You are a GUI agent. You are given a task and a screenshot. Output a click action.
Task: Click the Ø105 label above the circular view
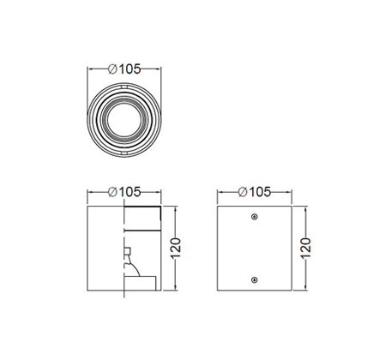(124, 69)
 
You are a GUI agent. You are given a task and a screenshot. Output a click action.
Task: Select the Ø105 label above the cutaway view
(124, 192)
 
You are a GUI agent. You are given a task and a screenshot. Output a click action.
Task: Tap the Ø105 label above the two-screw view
(255, 192)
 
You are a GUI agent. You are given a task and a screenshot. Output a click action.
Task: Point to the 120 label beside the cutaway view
(176, 248)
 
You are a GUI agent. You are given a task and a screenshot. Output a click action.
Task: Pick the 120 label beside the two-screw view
(305, 248)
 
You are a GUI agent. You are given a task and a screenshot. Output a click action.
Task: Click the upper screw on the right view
(255, 217)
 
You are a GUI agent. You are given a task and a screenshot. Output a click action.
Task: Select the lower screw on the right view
(255, 280)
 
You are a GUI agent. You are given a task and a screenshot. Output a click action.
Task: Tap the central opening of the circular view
(124, 120)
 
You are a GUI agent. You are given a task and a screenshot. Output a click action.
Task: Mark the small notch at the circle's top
(124, 87)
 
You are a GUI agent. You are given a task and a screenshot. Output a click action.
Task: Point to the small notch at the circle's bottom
(124, 153)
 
